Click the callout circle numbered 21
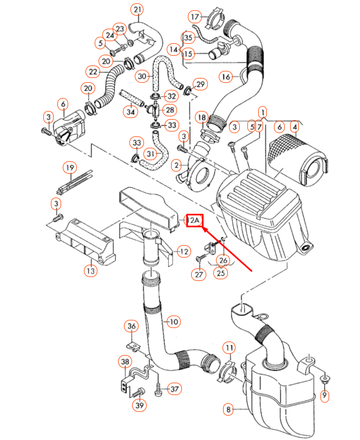coord(138,10)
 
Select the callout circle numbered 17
coord(194,16)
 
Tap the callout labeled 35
coord(188,37)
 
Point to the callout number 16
coord(226,77)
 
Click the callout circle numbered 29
coord(200,84)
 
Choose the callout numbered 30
coord(142,77)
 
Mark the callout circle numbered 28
coord(171,110)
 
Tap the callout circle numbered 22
coord(93,71)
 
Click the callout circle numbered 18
coord(201,117)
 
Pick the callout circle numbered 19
coord(69,168)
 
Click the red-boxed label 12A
coord(194,220)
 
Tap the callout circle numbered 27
coord(198,274)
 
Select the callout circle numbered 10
coord(173,321)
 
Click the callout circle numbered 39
coord(139,405)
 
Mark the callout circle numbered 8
coord(229,410)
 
